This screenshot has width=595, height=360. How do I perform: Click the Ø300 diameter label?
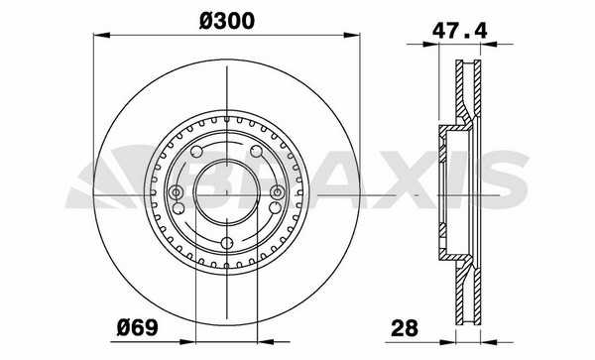(x=227, y=21)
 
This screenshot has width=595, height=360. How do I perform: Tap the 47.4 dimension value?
(x=459, y=31)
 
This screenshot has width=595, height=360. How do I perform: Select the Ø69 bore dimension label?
(x=137, y=327)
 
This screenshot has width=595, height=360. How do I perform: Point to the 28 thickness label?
(x=405, y=327)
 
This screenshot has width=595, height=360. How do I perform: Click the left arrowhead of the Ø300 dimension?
(x=101, y=36)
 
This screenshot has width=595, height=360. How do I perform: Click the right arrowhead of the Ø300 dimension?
(x=352, y=36)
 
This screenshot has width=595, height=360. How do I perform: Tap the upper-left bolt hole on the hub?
(x=196, y=152)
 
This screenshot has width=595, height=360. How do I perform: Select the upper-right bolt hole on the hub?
(x=257, y=152)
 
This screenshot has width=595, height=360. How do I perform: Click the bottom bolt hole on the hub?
(x=227, y=243)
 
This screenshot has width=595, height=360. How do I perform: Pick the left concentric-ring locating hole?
(x=177, y=192)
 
